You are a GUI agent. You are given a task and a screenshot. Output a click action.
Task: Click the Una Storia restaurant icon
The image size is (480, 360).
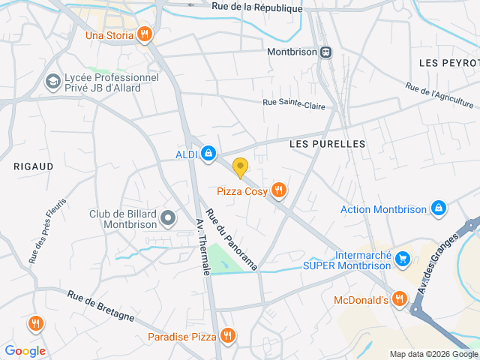tap(145, 34)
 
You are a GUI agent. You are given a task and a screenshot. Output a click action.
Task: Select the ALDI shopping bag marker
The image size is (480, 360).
tap(208, 154)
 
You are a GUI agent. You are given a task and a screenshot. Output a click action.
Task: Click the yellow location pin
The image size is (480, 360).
tap(240, 167)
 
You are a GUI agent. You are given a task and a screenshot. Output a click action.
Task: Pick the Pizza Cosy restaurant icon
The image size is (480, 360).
tap(279, 190)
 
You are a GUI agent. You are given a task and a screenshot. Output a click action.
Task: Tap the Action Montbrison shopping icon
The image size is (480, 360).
tap(439, 208)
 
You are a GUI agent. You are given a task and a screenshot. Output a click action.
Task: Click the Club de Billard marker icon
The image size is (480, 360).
tap(168, 219)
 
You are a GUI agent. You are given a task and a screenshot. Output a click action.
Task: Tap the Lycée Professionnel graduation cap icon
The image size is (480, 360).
tap(52, 82)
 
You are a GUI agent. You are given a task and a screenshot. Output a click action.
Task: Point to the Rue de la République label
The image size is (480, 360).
tap(257, 7)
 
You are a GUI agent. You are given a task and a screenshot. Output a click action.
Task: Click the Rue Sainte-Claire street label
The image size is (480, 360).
tap(294, 104)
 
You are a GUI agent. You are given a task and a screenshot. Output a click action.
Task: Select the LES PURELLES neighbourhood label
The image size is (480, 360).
tap(327, 143)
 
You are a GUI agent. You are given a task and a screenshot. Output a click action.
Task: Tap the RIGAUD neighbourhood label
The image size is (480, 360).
tap(34, 166)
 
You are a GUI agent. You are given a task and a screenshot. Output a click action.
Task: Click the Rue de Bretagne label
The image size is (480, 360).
tap(100, 306)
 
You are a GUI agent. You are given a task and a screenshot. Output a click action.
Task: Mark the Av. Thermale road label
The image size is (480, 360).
tap(202, 247)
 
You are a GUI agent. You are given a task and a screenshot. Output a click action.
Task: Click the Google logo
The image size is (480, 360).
tap(25, 350)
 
